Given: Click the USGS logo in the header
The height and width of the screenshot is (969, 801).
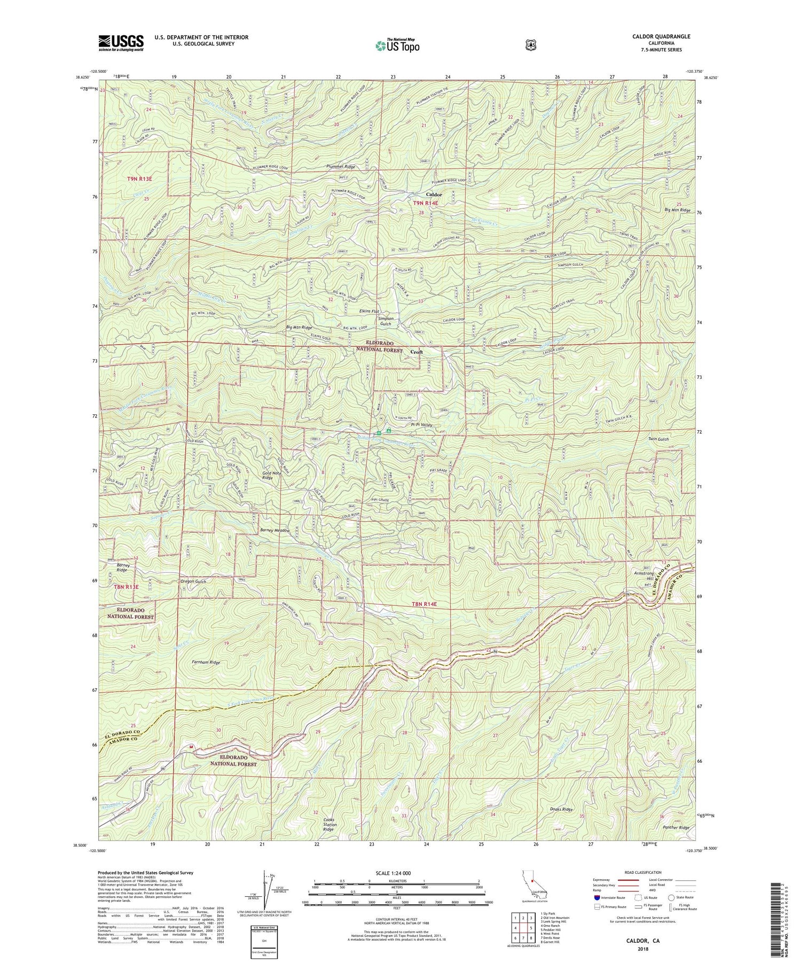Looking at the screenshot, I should tap(121, 43).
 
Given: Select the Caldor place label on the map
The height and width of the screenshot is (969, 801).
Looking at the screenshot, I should tap(434, 195).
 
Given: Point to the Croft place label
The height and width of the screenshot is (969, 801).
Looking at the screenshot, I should tap(417, 352).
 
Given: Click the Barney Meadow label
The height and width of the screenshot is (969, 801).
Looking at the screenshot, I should tap(274, 531).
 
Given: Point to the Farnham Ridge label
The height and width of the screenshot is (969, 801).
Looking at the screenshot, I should tap(206, 662).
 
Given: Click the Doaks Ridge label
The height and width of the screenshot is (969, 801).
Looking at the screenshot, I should tap(561, 809).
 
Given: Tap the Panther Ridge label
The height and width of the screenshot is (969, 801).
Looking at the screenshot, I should tap(676, 828).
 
